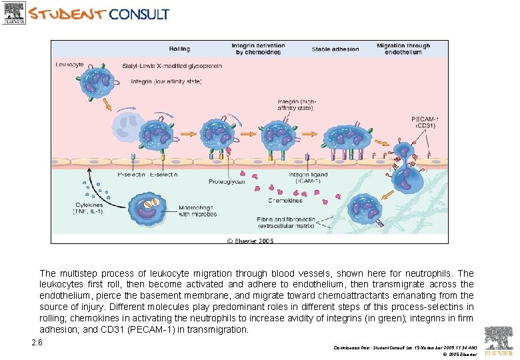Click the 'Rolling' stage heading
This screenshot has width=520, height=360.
click(x=179, y=49)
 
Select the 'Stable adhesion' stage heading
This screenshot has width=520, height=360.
click(x=335, y=49)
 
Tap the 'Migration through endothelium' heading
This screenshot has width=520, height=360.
click(x=403, y=49)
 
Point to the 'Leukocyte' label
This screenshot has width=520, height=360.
click(x=69, y=65)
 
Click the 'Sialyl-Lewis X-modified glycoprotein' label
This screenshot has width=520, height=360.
click(x=172, y=66)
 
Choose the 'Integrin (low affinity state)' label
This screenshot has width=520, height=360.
click(x=166, y=81)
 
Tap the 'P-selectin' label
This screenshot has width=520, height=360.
click(x=131, y=175)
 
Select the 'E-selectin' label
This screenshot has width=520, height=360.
click(x=162, y=175)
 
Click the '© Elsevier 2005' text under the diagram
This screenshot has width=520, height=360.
click(x=250, y=240)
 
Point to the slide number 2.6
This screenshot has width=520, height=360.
click(x=37, y=343)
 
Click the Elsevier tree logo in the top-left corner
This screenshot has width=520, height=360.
click(x=14, y=13)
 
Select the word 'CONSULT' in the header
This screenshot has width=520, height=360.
click(x=139, y=14)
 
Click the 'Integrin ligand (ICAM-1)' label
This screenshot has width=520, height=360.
click(x=304, y=177)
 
